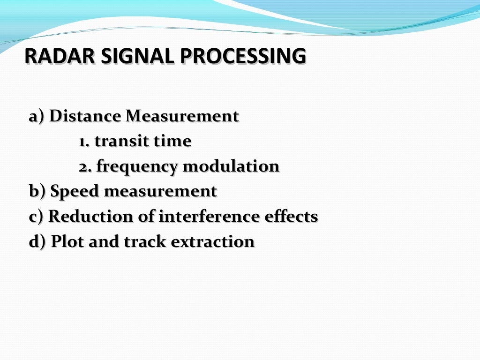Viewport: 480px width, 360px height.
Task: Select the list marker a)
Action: pyautogui.click(x=37, y=116)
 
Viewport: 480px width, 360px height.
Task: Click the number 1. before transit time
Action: pyautogui.click(x=84, y=141)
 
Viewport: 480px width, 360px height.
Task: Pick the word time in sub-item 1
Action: pyautogui.click(x=175, y=141)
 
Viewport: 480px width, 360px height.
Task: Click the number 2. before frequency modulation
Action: pyautogui.click(x=85, y=166)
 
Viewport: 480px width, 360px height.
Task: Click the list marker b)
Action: pyautogui.click(x=37, y=191)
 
